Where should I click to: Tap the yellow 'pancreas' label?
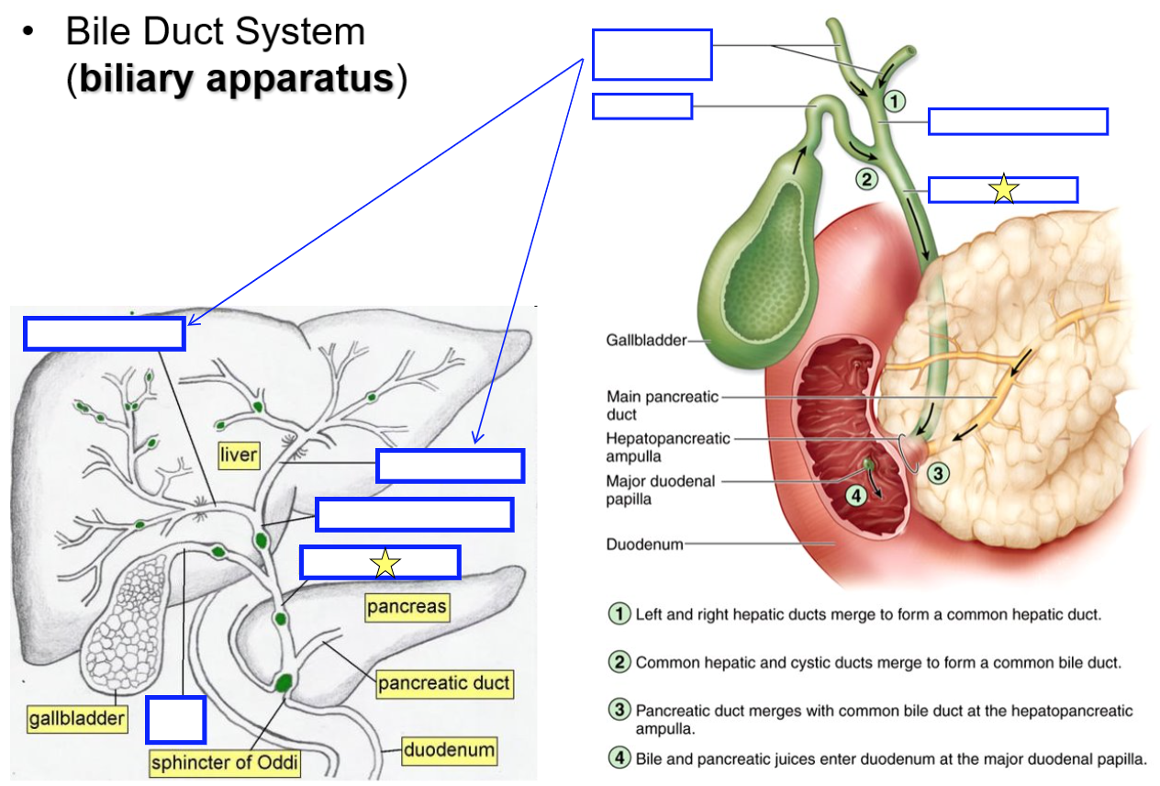click(x=407, y=607)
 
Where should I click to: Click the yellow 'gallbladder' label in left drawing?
click(x=76, y=719)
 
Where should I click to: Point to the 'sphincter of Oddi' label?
click(x=225, y=763)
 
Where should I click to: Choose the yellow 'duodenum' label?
click(x=450, y=750)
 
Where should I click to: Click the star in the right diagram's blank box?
click(x=1004, y=189)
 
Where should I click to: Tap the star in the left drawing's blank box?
click(x=385, y=564)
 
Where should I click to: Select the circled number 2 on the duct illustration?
click(x=866, y=179)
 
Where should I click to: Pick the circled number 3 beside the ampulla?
click(x=936, y=474)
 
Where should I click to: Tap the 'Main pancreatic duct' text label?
click(x=661, y=405)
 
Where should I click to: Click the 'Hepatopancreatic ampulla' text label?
click(x=667, y=447)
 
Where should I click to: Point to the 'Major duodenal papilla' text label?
click(x=660, y=490)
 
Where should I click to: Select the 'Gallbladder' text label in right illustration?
click(x=645, y=341)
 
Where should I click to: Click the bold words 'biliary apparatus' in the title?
click(x=236, y=79)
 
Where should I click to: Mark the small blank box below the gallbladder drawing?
click(x=175, y=720)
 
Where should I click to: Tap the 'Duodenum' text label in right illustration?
click(x=644, y=545)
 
